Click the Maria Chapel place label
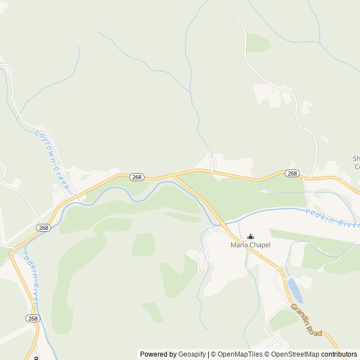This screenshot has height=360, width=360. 250,245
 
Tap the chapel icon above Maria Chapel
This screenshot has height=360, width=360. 250,237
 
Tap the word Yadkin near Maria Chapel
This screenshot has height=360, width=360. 319,214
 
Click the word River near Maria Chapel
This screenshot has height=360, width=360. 348,223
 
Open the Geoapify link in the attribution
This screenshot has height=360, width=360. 192,354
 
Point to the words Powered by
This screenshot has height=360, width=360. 158,354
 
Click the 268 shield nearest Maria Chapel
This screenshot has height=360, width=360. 291,173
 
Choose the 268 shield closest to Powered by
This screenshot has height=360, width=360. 33,318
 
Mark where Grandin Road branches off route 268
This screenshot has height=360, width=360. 174,175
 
